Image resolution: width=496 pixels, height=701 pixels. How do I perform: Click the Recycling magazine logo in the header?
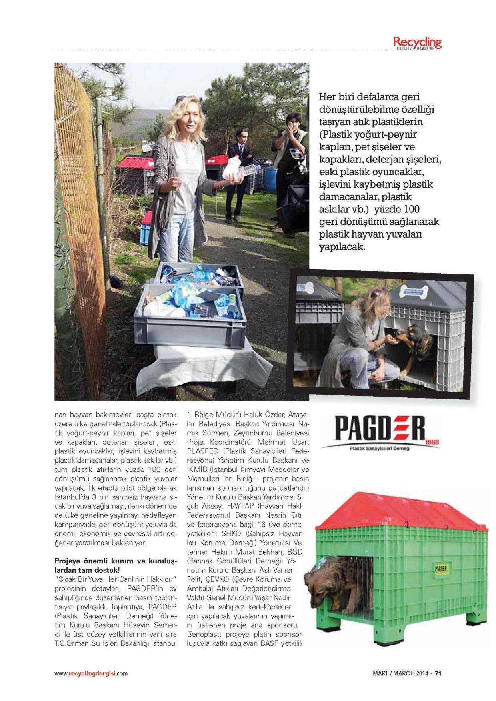pyautogui.click(x=417, y=43)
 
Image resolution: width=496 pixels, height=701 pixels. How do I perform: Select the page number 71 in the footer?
pyautogui.click(x=438, y=673)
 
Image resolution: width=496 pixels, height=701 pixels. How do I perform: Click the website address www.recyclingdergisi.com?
pyautogui.click(x=91, y=673)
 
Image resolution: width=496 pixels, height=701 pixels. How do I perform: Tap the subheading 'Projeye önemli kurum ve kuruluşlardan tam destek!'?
pyautogui.click(x=116, y=565)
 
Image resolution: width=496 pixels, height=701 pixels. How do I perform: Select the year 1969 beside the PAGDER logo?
pyautogui.click(x=432, y=441)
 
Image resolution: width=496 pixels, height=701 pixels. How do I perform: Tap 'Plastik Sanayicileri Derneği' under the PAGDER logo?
pyautogui.click(x=380, y=448)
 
